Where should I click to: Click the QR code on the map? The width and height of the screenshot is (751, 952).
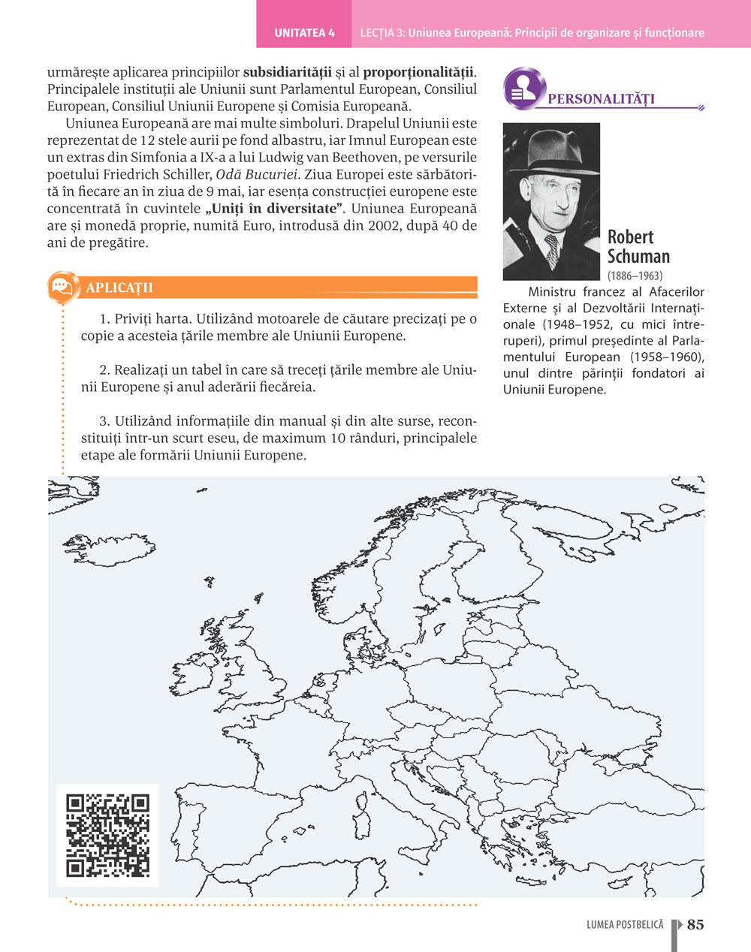(107, 835)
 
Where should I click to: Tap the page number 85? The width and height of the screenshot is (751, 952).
(695, 924)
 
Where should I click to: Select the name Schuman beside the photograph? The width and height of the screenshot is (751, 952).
(638, 256)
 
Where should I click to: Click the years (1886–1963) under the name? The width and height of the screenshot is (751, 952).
(635, 276)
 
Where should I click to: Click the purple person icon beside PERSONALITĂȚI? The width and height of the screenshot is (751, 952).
(523, 88)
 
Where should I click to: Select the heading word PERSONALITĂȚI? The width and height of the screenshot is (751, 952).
(601, 99)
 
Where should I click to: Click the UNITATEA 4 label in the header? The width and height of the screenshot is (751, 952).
(304, 32)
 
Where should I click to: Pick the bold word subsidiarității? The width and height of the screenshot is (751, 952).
(288, 73)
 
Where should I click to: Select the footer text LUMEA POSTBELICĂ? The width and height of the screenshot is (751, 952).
(625, 925)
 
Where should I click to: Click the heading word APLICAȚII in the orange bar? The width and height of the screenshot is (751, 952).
(119, 288)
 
